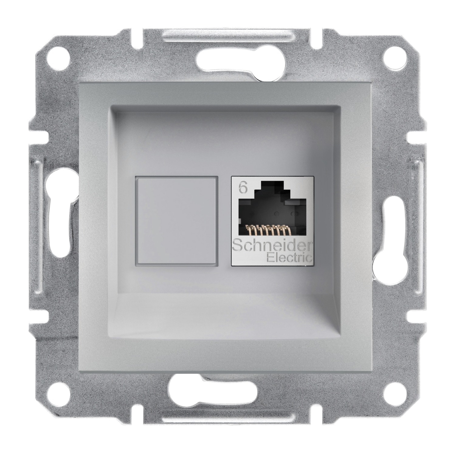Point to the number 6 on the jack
[x=242, y=188]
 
